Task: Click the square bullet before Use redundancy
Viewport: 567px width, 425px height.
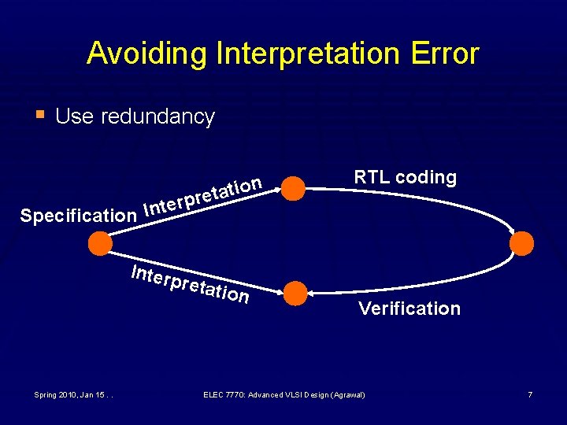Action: point(43,115)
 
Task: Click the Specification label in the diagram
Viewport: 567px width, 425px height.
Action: point(78,215)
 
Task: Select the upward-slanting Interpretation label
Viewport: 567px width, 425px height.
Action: point(203,197)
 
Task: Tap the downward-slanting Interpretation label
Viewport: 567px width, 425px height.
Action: point(191,285)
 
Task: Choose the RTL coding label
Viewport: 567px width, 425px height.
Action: point(405,177)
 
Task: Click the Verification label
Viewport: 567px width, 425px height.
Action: point(409,309)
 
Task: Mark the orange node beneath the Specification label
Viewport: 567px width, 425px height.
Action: point(100,243)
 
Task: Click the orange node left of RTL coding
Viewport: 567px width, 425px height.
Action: point(293,188)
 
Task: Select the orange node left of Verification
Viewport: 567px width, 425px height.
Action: point(295,293)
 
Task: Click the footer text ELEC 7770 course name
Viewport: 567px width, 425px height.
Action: point(283,394)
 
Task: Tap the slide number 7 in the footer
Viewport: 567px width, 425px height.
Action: point(530,394)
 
